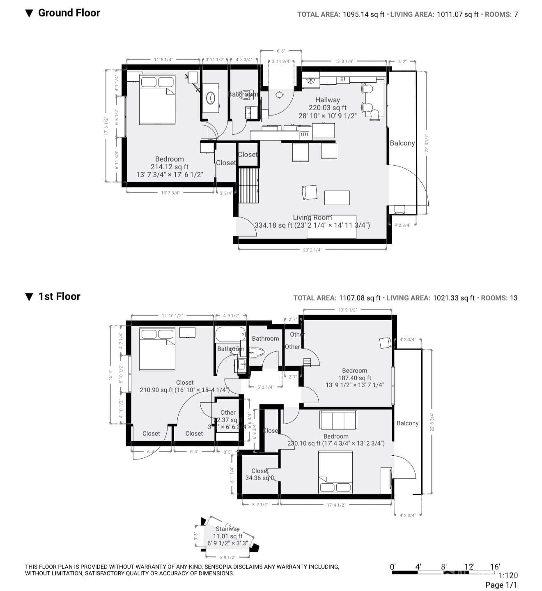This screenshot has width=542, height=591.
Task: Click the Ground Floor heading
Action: [x=69, y=13]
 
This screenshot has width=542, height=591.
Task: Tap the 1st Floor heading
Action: [x=59, y=297]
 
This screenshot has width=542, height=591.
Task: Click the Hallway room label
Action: [x=327, y=100]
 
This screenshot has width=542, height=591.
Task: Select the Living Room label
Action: [x=312, y=217]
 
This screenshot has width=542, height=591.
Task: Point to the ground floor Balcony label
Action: [x=402, y=143]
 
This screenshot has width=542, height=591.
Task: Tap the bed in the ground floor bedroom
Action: [x=157, y=99]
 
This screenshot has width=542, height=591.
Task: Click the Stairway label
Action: [x=227, y=529]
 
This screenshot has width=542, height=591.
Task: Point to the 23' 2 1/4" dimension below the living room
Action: [x=312, y=249]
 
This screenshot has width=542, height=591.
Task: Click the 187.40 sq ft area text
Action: [x=354, y=378]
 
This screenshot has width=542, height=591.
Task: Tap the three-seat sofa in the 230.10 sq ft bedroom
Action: [x=338, y=420]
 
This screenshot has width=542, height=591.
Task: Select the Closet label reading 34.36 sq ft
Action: [x=260, y=471]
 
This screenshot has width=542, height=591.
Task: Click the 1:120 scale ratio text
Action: [x=508, y=576]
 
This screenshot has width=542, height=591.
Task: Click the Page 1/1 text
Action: [x=501, y=585]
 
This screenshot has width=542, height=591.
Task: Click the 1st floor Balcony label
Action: [x=407, y=423]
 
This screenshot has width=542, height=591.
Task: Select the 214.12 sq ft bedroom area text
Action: [x=169, y=167]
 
